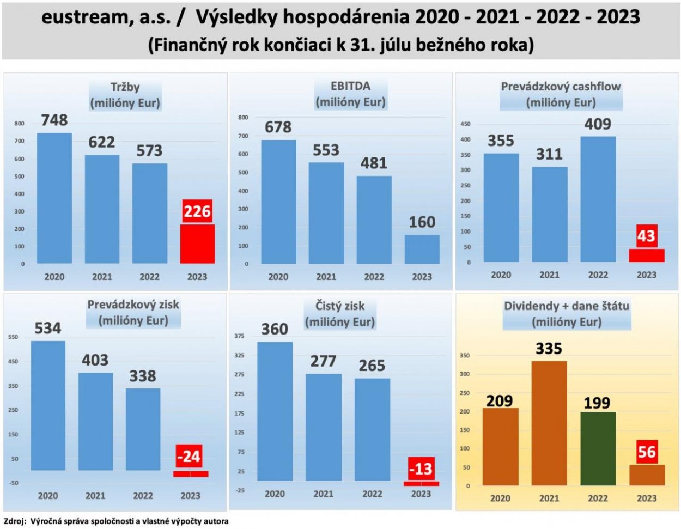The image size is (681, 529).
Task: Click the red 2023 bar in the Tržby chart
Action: pos(197,244)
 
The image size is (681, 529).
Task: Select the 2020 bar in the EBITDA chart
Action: pos(278,202)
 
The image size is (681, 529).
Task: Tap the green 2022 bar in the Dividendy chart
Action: pos(598,448)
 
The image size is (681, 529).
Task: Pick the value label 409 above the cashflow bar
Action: pos(598,124)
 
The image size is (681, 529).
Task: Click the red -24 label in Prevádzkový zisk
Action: pos(189,456)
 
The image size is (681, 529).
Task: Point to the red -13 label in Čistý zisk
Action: pos(421,469)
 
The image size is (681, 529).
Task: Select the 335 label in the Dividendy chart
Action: pos(549,349)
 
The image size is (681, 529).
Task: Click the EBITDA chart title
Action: pos(350,94)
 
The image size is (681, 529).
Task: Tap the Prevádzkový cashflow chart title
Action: pos(561,94)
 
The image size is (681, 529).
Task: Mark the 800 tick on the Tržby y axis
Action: pos(19,124)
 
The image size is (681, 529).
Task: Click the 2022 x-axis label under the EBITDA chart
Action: pos(374,277)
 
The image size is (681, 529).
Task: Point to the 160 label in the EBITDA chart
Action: pos(422,222)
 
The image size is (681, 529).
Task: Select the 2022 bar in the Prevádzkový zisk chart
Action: pos(143,429)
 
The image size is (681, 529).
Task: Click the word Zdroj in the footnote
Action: pos(14,521)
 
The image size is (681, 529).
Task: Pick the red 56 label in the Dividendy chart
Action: pos(647,452)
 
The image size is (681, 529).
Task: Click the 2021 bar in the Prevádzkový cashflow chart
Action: pos(549,215)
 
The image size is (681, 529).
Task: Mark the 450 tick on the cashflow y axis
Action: pos(465,124)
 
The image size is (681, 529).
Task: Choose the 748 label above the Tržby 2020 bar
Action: pos(54,120)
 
